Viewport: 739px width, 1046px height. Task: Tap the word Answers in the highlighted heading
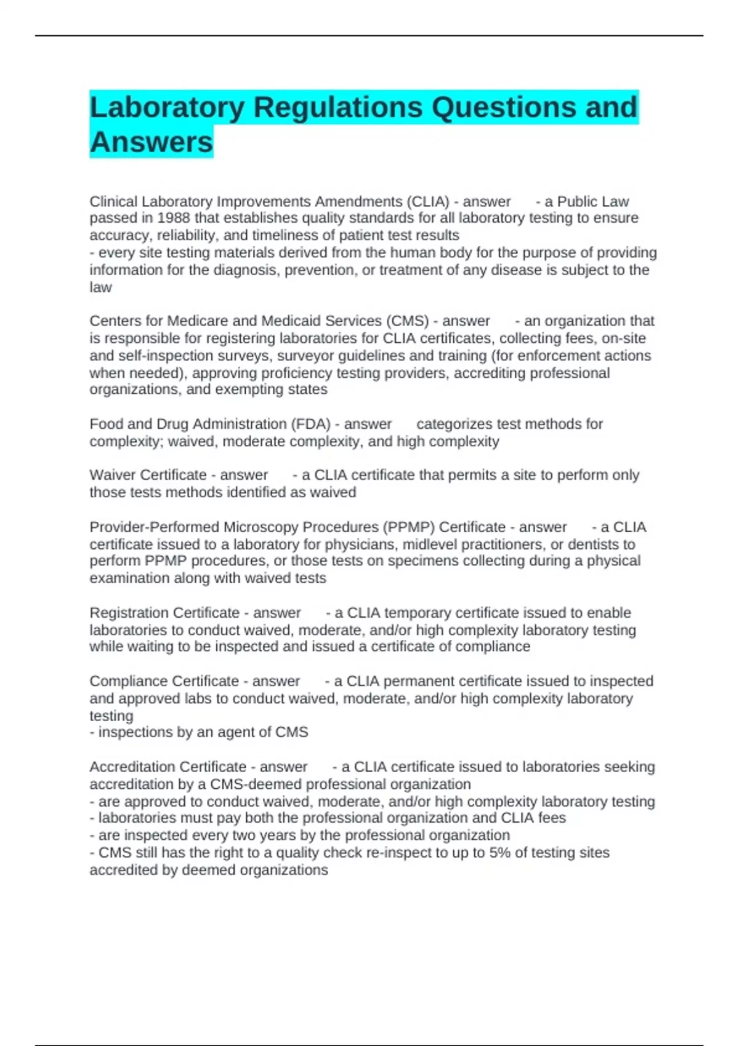tap(151, 142)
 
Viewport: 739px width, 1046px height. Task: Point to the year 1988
tap(174, 218)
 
